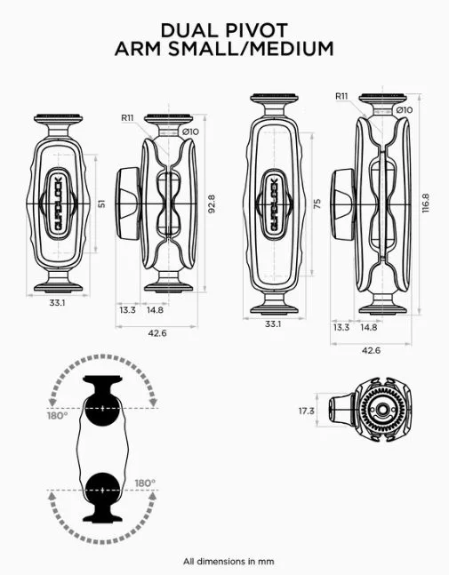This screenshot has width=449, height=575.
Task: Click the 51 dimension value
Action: pos(100,204)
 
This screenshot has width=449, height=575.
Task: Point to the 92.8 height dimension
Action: pos(211,204)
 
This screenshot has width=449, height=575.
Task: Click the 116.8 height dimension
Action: pos(425,204)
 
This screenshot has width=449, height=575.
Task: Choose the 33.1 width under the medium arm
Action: pos(273,325)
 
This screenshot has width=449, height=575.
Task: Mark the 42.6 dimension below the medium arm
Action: pos(371,350)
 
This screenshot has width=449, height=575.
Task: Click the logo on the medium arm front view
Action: pos(274,203)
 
